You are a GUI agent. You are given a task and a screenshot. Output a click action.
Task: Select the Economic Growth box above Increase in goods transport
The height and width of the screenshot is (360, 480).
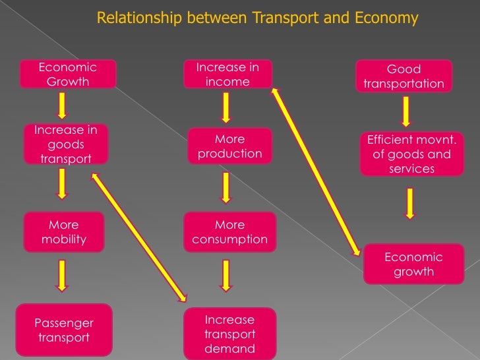68,75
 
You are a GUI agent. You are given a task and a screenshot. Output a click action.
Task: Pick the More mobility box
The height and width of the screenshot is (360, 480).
64,231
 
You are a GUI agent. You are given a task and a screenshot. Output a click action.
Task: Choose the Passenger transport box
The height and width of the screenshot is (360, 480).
64,330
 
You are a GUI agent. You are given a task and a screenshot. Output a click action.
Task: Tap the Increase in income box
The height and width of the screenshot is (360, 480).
228,75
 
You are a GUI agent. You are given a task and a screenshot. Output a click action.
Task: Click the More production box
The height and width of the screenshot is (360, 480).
230,146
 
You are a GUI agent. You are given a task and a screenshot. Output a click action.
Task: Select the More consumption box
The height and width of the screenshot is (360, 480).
230,232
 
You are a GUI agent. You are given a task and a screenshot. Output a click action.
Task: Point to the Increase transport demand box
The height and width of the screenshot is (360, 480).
229,334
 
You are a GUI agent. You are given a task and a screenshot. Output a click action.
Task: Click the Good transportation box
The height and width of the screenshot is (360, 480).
404,76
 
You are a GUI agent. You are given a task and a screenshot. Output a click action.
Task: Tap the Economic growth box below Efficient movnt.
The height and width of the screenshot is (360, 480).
413,264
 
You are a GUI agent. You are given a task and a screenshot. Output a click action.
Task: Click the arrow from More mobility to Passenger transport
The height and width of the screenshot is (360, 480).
62,275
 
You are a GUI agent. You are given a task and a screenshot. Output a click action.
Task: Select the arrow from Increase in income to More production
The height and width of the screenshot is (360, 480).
226,107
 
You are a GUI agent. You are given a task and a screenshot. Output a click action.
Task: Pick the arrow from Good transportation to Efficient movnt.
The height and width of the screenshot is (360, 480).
406,111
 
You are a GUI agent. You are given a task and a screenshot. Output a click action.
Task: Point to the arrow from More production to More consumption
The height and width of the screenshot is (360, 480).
226,187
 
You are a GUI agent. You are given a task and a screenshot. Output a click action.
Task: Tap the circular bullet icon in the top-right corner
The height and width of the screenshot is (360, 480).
467,11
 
